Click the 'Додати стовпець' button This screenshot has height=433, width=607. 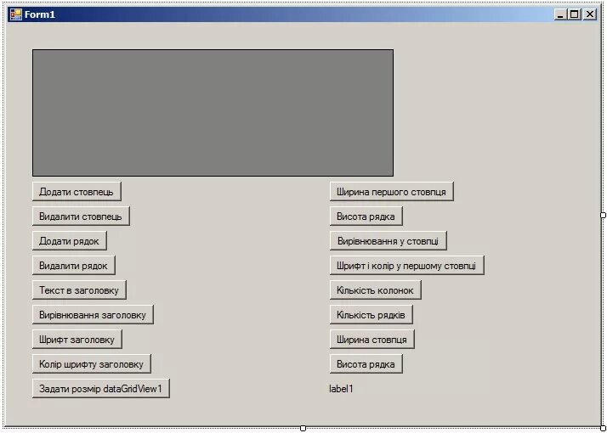click(77, 192)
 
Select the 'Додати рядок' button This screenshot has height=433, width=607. click(69, 241)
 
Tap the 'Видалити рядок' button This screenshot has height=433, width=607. click(73, 266)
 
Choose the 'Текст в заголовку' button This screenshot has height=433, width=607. click(79, 290)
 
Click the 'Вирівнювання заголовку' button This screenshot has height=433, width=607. click(93, 315)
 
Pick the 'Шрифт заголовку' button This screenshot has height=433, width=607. click(77, 340)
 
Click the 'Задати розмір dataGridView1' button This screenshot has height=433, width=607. click(100, 389)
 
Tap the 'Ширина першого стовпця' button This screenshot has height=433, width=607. click(391, 192)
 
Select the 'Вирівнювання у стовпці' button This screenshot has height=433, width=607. click(388, 241)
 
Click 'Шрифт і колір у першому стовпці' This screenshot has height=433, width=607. click(406, 266)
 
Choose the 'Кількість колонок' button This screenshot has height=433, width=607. click(375, 290)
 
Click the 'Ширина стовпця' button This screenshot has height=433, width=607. click(372, 340)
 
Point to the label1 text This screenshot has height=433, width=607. click(341, 389)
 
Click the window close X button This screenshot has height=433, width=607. click(590, 14)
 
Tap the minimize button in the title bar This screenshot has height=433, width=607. click(559, 14)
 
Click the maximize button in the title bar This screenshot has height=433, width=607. click(574, 14)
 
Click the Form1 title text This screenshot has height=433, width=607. click(40, 14)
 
